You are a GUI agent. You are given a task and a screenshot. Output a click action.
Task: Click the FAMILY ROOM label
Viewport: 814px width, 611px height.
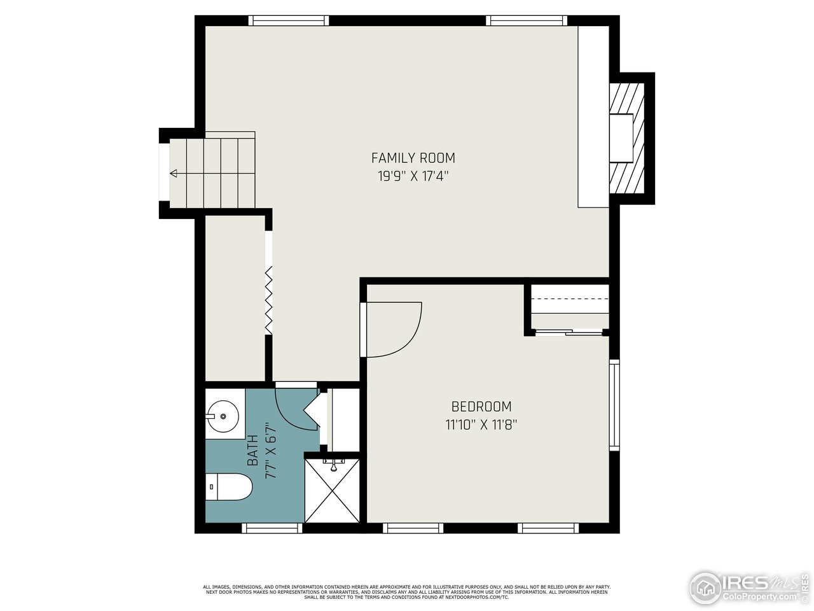point(413,158)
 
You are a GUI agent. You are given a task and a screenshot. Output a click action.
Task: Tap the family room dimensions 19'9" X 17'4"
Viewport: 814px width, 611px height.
point(413,177)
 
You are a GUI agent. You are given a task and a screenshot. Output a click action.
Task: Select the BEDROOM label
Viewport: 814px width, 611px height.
point(481,406)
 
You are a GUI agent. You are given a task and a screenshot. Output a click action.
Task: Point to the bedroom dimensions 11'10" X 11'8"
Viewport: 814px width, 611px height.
point(481,425)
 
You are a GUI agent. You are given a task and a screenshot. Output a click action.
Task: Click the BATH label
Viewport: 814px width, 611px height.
point(252,449)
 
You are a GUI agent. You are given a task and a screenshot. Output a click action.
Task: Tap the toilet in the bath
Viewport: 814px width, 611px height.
point(229,488)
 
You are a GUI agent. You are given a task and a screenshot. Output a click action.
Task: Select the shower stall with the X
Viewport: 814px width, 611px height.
point(333,490)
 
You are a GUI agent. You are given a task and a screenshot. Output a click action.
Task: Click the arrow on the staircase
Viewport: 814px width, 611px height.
point(174,173)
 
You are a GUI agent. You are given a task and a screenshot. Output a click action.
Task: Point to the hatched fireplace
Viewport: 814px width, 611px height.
point(627,138)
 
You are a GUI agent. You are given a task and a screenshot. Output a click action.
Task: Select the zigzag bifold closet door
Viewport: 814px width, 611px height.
point(269,299)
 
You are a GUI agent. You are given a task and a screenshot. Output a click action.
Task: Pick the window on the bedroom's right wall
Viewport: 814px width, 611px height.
point(614,405)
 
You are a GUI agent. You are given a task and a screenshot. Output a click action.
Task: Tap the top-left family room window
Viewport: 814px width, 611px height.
point(289,20)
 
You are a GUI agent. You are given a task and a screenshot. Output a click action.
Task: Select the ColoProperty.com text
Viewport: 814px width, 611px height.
point(761,597)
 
